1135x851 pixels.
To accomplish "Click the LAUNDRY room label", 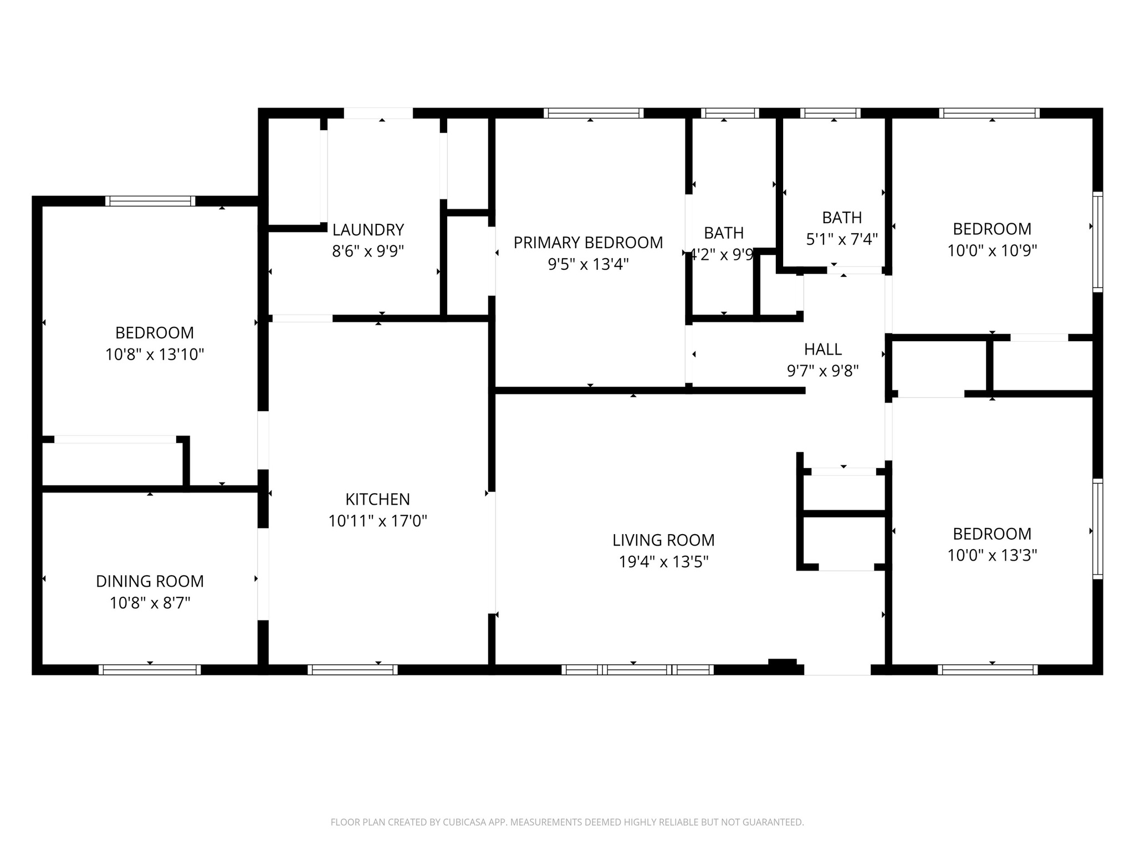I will point(367,229).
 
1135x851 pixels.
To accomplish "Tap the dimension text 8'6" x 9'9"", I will point(367,252).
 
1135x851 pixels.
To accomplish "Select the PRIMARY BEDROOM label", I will point(588,243).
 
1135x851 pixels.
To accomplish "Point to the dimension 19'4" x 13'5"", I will point(663,562).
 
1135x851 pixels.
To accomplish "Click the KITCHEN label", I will point(377,499).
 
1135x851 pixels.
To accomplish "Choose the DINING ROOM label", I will point(150,581).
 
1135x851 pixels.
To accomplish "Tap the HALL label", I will point(822,349).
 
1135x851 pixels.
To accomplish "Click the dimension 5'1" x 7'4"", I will point(842,239).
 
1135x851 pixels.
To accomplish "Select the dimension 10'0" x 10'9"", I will point(991,250).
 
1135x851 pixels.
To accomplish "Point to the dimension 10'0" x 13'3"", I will point(991,555).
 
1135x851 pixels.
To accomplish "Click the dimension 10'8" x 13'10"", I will point(155,355).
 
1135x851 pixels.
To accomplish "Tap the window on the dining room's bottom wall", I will point(150,670).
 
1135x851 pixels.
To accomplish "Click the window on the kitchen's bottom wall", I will point(352,670).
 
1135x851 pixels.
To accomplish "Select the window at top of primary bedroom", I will point(593,113).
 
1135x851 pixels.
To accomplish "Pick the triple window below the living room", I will point(637,670).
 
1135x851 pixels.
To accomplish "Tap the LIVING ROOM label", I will point(663,540).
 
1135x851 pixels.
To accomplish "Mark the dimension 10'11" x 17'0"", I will point(377,521).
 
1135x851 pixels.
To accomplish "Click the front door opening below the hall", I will point(837,670).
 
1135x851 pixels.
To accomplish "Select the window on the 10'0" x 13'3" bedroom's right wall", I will point(1097,529).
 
